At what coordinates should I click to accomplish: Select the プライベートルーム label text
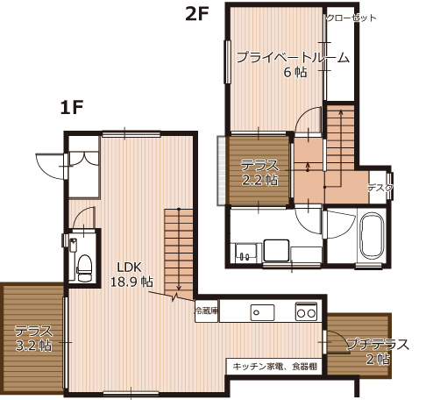(293, 59)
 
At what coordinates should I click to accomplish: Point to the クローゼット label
(351, 18)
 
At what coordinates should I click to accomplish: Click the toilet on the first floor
(84, 265)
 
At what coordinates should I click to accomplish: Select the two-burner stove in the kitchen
(306, 311)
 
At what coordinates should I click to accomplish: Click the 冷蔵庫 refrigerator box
(206, 311)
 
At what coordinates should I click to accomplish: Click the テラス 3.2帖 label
(33, 339)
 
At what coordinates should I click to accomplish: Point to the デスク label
(380, 188)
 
